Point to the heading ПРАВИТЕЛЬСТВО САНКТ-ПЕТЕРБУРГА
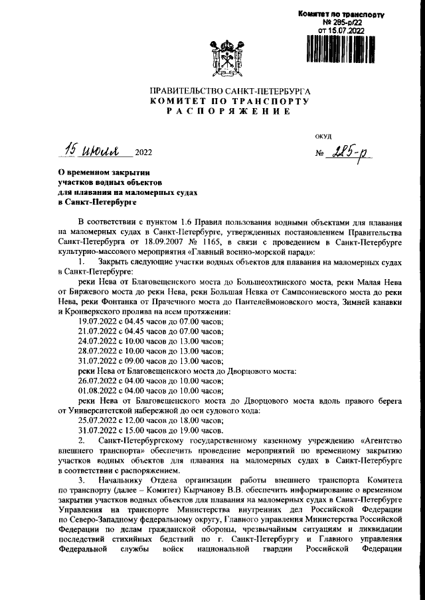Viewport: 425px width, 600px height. tap(230, 91)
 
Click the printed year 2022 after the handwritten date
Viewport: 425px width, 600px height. tap(143, 154)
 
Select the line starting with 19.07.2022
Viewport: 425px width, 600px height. tap(151, 320)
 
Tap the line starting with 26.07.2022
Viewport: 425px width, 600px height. tap(151, 382)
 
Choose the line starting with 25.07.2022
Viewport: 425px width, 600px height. tap(151, 420)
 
